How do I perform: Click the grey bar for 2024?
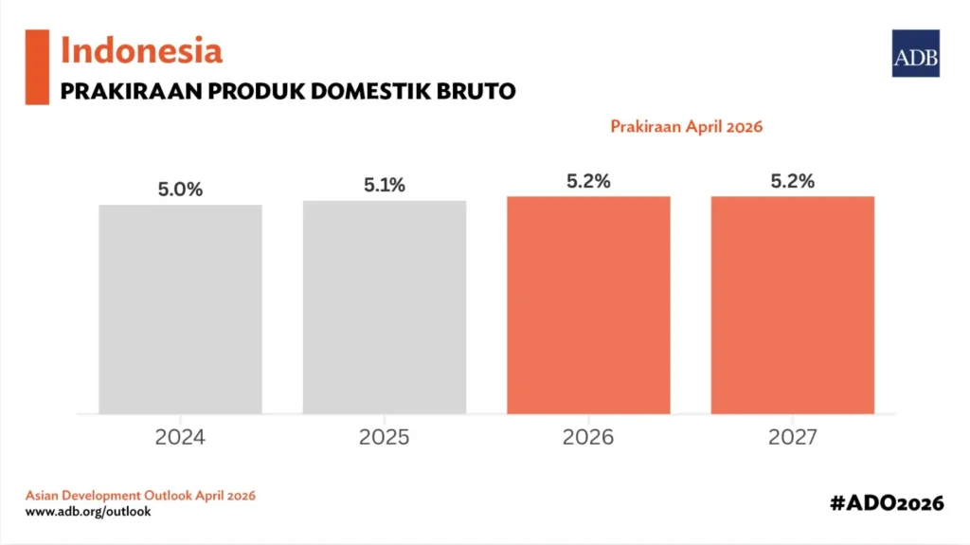pos(180,309)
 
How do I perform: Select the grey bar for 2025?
pos(385,307)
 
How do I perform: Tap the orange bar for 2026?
pos(588,304)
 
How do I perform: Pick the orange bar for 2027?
pos(793,304)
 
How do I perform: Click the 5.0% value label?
pos(180,190)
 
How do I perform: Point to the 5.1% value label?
pos(385,186)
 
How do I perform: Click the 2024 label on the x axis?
pos(180,438)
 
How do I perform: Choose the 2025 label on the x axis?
pos(385,438)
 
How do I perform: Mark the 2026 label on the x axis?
pos(588,438)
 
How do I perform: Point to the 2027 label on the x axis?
pos(793,438)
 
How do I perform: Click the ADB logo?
pos(916,53)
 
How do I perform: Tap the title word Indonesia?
pos(141,49)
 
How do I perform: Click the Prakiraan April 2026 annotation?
pos(687,126)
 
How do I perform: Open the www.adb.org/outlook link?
pos(88,512)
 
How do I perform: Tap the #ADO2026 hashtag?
pos(888,503)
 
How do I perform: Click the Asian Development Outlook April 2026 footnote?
pos(139,496)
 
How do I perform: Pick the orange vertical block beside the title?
pos(37,66)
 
